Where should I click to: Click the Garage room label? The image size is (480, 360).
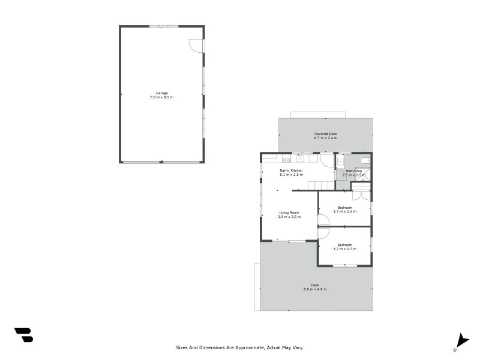[x=162, y=93]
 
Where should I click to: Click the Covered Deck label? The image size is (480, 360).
[x=326, y=134]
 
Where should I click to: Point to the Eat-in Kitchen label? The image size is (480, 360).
[x=292, y=171]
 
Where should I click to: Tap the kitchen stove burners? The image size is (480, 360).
[x=286, y=160]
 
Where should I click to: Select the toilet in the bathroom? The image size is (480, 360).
[x=365, y=160]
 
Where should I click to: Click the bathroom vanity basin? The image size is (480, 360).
[x=340, y=161]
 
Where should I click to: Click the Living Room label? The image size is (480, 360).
[x=289, y=212]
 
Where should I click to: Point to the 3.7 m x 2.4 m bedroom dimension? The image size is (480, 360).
[x=345, y=212]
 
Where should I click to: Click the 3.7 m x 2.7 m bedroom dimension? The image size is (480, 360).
[x=345, y=248]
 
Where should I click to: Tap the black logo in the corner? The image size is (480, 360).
[x=23, y=335]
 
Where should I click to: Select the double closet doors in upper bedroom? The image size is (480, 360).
[x=361, y=195]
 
